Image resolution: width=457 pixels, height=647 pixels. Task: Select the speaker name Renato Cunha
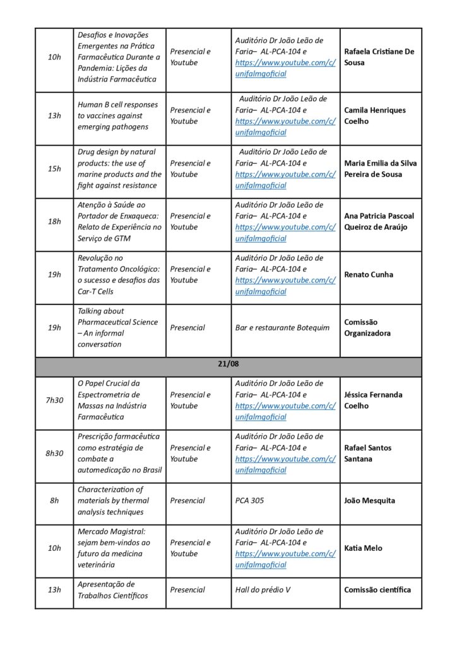tap(369, 275)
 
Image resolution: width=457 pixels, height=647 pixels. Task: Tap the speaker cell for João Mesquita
tap(369, 500)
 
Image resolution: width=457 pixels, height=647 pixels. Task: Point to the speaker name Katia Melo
tap(363, 548)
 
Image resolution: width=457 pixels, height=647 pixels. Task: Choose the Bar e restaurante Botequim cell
tap(282, 328)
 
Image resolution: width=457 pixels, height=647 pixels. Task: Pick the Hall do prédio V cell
tap(263, 590)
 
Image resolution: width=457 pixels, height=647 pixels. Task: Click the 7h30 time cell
tap(54, 401)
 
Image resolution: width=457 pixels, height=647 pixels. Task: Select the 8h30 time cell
tap(54, 454)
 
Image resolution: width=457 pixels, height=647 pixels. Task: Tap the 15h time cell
tap(54, 169)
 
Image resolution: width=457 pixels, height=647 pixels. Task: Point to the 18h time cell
tap(54, 222)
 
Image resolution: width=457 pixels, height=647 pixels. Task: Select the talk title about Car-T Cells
tap(118, 275)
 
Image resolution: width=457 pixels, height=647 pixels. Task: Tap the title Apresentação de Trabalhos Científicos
tap(106, 590)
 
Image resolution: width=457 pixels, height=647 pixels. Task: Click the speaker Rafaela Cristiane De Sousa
tap(379, 57)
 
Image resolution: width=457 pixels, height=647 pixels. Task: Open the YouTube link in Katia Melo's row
tap(285, 559)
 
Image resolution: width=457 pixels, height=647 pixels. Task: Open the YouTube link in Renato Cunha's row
tap(285, 286)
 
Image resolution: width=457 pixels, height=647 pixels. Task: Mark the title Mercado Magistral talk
tap(114, 548)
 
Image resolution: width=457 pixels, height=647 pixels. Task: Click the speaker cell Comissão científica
tap(377, 590)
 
